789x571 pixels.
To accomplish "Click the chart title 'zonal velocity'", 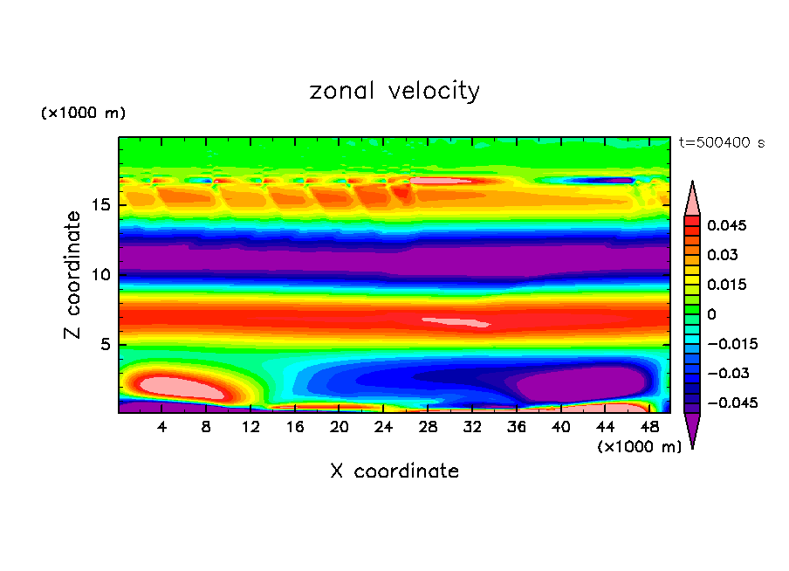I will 394,91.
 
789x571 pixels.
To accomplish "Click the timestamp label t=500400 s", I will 721,142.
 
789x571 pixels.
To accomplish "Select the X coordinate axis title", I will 394,471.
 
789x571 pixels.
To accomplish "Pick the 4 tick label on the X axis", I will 162,427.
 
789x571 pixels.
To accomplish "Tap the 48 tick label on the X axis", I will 648,427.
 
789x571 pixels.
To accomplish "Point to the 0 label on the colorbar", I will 710,314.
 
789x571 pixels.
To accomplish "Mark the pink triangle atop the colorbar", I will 692,199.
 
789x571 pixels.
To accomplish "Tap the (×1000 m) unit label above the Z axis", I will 83,114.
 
